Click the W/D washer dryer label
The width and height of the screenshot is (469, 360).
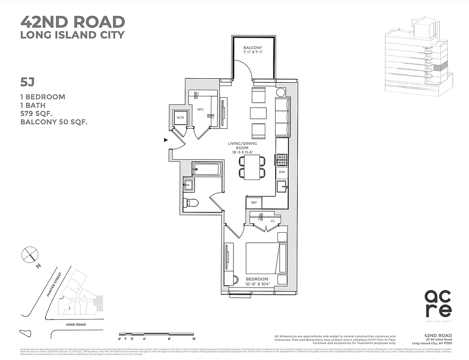tap(180, 118)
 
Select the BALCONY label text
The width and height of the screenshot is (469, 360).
tap(252, 48)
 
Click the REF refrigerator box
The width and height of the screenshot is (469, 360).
tap(254, 203)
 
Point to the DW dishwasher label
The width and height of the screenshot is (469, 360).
tap(281, 172)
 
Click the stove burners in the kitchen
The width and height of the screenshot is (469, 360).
tap(281, 159)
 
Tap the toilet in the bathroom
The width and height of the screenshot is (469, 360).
tap(191, 202)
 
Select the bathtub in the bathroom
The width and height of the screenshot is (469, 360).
tap(206, 170)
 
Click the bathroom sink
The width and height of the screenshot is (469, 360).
tap(188, 184)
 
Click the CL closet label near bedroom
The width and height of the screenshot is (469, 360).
tap(272, 221)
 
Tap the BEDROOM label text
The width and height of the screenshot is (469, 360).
tap(257, 279)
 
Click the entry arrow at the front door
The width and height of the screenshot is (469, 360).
tap(166, 140)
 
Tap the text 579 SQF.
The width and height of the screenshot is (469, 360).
tap(39, 113)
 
